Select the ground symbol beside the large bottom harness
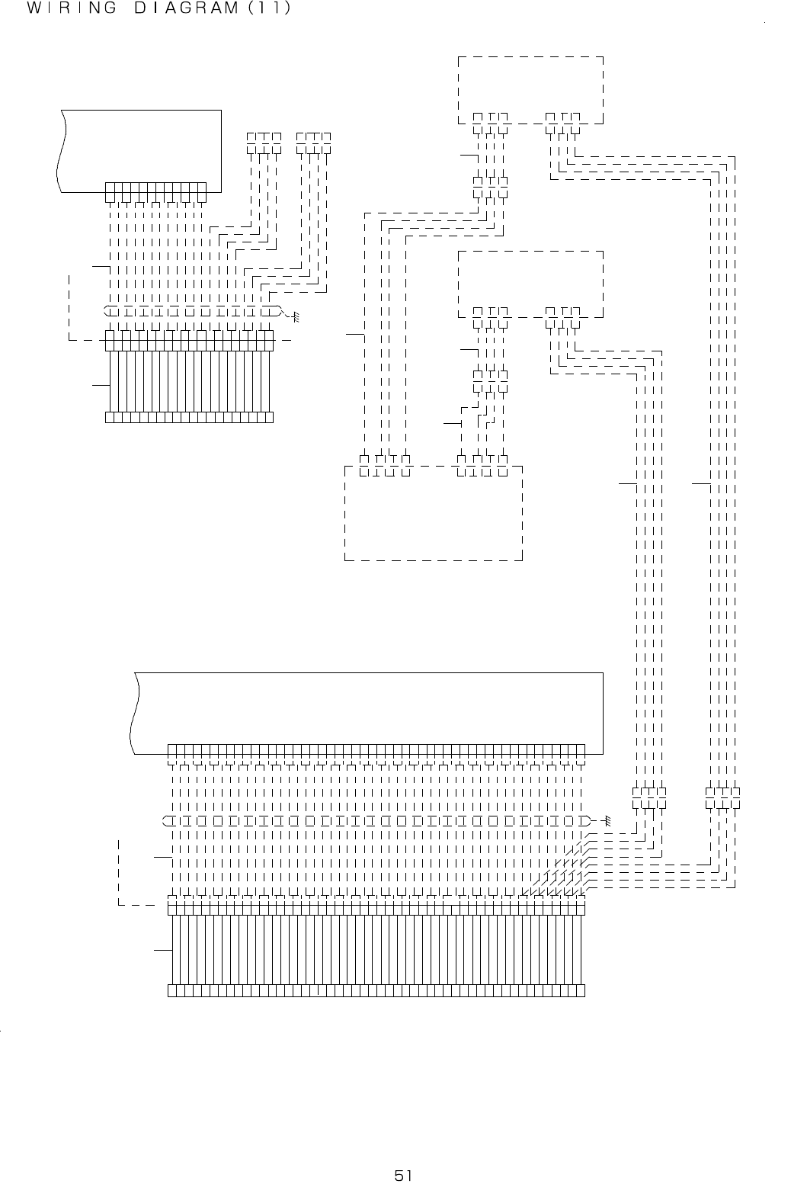pos(607,820)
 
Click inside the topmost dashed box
pos(530,84)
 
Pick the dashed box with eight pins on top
pos(434,512)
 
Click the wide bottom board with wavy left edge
pos(366,709)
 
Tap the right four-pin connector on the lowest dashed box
pos(482,464)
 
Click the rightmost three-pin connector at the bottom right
pos(723,798)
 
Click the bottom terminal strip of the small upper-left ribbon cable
pos(189,417)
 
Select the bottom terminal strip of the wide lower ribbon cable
pos(376,990)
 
